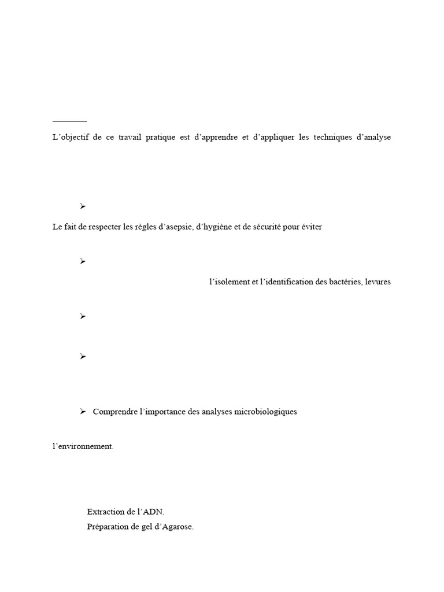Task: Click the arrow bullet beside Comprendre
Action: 83,411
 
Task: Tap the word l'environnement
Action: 83,447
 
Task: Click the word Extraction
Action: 105,512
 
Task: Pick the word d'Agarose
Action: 174,527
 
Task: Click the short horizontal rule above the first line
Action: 69,121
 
